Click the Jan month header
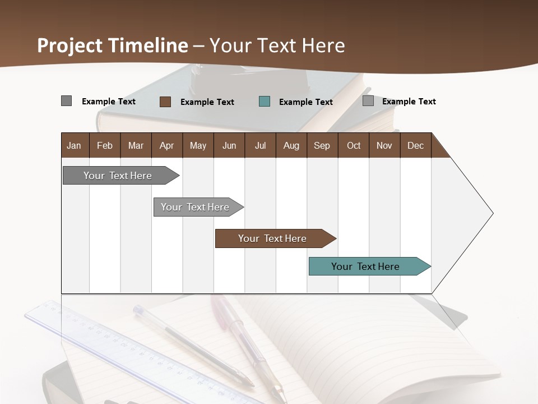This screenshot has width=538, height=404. point(74,146)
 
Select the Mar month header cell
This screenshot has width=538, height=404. point(136,146)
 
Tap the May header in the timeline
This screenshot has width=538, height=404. point(198,146)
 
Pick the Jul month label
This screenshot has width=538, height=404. point(260,146)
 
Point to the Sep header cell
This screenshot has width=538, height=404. point(322,146)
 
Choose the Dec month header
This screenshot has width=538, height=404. point(415,146)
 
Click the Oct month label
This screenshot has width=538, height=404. point(354,146)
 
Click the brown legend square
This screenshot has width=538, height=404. point(165,102)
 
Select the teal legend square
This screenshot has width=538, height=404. point(265,102)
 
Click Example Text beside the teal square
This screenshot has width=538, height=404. point(306,102)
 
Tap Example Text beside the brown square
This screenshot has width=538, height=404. point(207,102)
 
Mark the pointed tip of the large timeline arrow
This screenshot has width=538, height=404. point(493,213)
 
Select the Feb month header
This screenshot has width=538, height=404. point(105,146)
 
